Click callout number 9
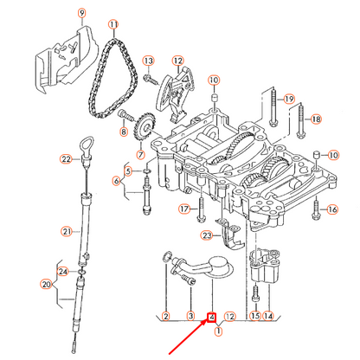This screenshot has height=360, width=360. click(x=83, y=13)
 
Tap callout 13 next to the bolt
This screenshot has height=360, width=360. click(x=148, y=61)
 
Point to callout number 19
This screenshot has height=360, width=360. click(x=289, y=99)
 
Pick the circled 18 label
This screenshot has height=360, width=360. click(x=316, y=119)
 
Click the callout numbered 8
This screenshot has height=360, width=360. click(x=123, y=132)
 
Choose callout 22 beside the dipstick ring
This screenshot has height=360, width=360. click(x=66, y=158)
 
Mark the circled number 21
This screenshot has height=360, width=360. click(x=66, y=231)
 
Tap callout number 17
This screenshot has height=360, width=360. click(x=183, y=209)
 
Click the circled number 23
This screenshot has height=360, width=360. click(x=206, y=235)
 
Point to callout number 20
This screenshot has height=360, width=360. click(x=47, y=284)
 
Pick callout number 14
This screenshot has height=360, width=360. click(x=267, y=317)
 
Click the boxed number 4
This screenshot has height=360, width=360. click(x=210, y=317)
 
